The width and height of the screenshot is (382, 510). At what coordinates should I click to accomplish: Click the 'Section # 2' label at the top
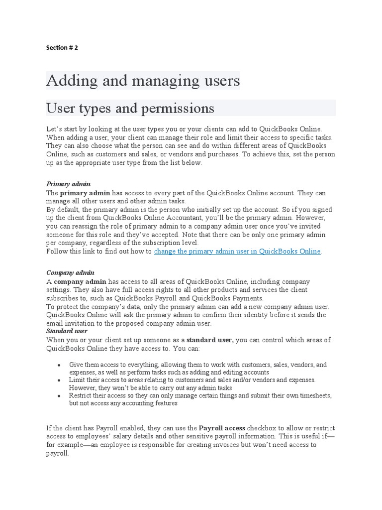click(62, 48)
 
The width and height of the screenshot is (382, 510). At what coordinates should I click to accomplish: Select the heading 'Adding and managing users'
click(143, 80)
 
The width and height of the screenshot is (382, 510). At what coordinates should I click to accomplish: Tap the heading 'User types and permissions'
click(130, 108)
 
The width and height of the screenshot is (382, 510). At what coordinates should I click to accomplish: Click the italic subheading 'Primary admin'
click(68, 184)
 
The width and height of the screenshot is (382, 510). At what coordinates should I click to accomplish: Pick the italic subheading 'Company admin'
click(70, 273)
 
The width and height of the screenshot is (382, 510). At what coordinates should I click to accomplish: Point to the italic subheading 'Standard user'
click(67, 331)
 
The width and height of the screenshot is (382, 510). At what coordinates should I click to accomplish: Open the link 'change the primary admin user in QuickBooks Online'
click(237, 252)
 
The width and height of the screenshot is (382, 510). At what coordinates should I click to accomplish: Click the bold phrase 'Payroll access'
click(222, 428)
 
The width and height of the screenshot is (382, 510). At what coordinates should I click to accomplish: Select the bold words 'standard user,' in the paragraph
click(210, 340)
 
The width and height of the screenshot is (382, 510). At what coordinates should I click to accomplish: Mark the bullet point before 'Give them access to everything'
click(59, 366)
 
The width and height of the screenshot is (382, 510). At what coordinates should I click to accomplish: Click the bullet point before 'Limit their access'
click(59, 381)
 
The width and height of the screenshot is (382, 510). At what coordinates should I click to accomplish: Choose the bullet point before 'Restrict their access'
click(59, 396)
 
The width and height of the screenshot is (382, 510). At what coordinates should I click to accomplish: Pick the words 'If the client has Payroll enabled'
click(98, 428)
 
